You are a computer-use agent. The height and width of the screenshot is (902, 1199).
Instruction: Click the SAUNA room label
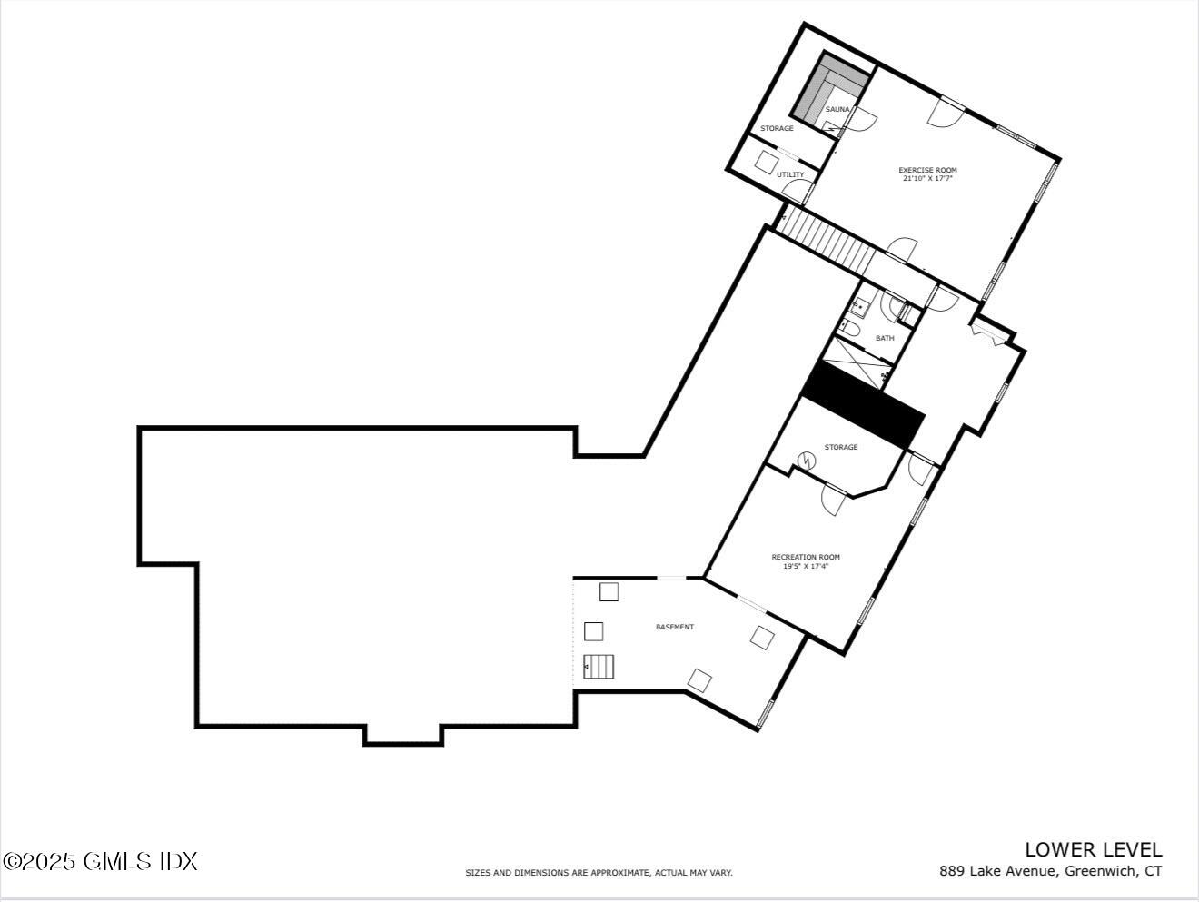coord(837,110)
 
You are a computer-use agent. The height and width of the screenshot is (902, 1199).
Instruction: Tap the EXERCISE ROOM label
coord(927,170)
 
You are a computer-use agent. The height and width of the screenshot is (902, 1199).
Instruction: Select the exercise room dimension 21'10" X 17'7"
coord(927,179)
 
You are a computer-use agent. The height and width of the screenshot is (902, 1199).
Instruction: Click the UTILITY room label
coord(790,174)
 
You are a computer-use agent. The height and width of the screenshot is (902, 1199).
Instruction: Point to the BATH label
coord(885,338)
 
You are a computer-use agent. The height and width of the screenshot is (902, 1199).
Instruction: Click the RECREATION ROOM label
coord(806,557)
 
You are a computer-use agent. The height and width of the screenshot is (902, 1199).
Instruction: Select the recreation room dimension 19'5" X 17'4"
coord(806,567)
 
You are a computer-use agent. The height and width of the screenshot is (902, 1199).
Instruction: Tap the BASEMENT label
coord(675,627)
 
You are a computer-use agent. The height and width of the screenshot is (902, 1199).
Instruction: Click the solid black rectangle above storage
coord(864,404)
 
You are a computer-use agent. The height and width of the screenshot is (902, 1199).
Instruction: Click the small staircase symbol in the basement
coord(599,666)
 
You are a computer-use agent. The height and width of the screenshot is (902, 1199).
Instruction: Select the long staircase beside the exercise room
coord(828,238)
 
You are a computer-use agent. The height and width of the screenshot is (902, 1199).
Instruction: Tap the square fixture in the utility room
coord(766,163)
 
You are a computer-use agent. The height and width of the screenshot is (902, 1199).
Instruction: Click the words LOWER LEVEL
coord(1093,849)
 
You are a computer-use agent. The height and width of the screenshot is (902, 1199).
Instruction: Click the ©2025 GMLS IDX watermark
coord(100,861)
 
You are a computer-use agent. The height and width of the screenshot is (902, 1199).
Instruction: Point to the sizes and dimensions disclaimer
coord(599,873)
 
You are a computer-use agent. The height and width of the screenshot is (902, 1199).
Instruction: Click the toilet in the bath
coord(850,326)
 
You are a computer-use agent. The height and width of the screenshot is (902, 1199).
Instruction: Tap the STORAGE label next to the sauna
coord(777,128)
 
